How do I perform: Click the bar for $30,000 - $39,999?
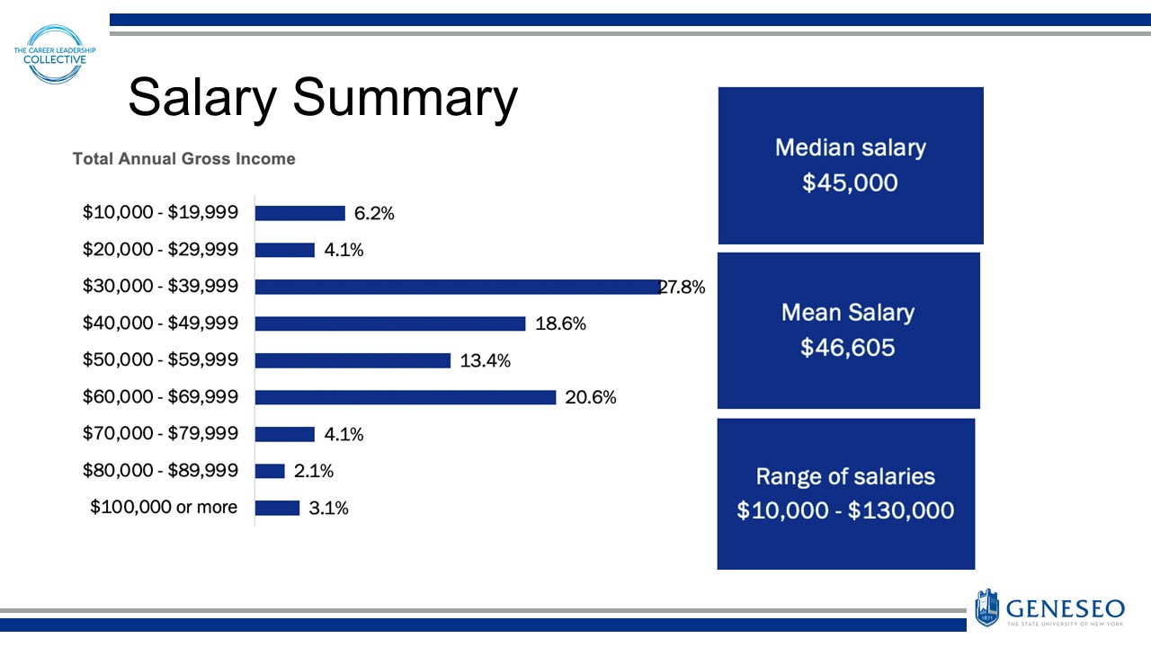[459, 287]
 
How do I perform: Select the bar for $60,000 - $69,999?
[406, 397]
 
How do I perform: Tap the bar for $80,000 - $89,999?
[270, 471]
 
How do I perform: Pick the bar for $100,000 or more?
[277, 508]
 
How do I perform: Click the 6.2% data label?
[374, 214]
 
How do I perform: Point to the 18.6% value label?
[560, 324]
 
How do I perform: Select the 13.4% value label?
[485, 361]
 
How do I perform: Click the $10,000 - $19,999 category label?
[160, 213]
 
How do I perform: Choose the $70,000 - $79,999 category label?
[160, 434]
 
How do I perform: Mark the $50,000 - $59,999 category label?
[160, 360]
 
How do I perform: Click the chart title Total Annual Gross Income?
[183, 159]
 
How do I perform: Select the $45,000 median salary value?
[850, 183]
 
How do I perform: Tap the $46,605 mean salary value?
[848, 348]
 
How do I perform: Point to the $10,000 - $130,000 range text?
[845, 510]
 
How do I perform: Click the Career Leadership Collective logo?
[55, 55]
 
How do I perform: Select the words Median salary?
[850, 147]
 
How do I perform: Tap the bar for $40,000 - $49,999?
[390, 323]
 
